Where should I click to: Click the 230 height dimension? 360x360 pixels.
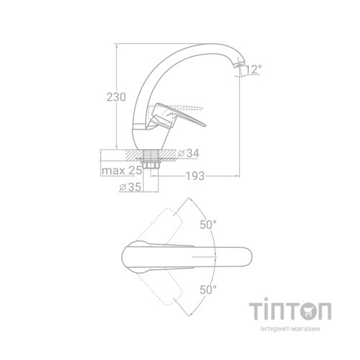[x=116, y=97]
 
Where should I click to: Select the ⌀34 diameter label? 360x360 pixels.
[x=189, y=153]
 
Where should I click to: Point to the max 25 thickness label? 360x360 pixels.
[x=122, y=171]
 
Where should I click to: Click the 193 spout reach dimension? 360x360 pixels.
[x=195, y=176]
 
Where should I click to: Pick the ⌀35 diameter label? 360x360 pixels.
[x=130, y=187]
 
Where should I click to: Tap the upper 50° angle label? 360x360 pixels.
[x=208, y=225]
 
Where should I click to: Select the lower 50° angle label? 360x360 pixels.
[x=208, y=290]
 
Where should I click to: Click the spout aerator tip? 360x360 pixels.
[x=240, y=64]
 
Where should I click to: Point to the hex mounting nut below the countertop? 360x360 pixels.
[x=150, y=166]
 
